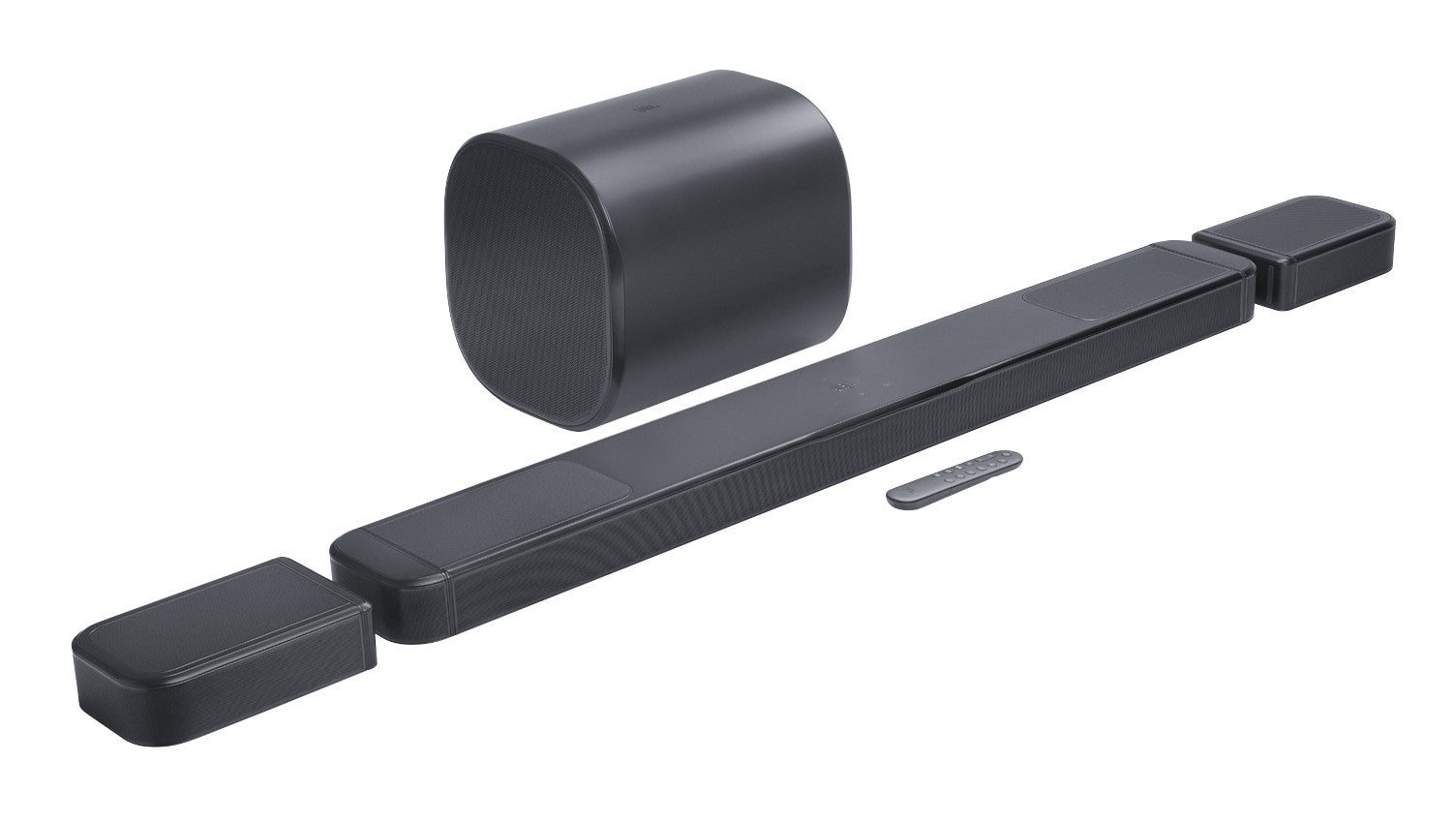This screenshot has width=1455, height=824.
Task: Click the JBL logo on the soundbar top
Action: click(x=840, y=389)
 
